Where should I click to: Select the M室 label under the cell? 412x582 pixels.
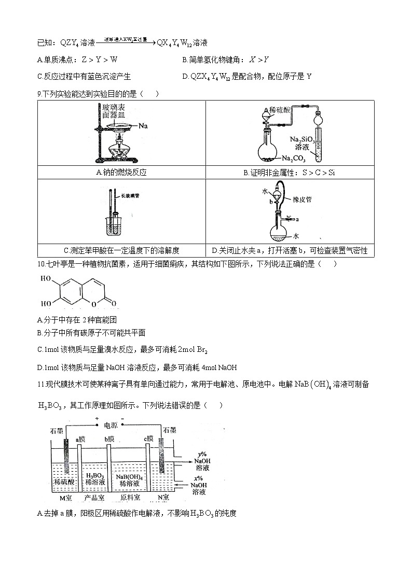click(x=64, y=499)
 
